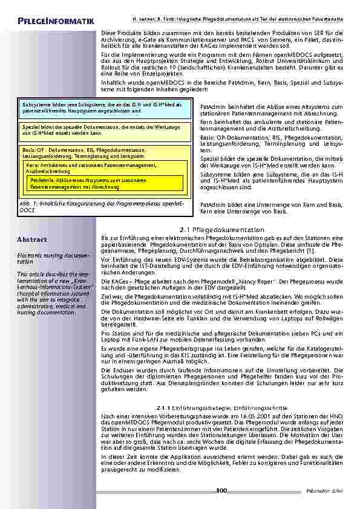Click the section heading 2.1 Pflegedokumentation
[222, 230]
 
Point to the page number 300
[221, 490]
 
